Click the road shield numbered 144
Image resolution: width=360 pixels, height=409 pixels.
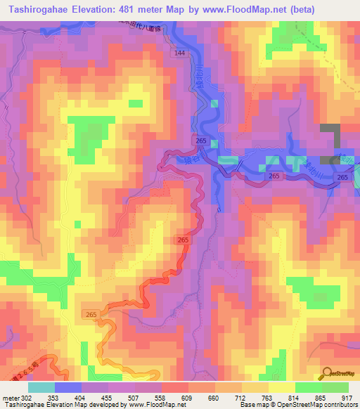point(181,53)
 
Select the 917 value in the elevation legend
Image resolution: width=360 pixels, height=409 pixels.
point(348,397)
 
